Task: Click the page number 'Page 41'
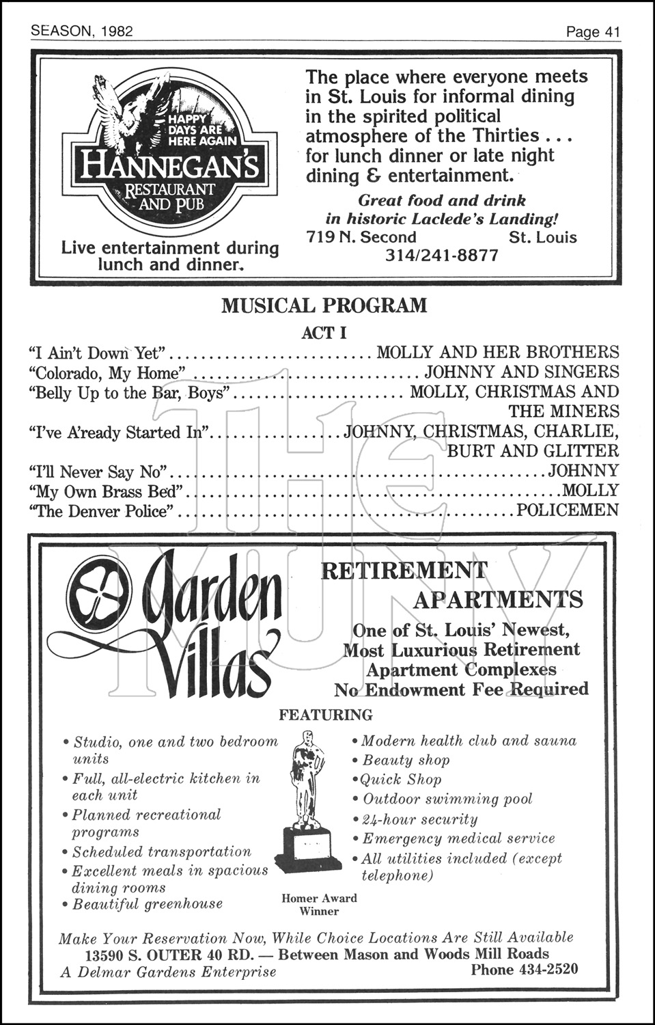coord(592,32)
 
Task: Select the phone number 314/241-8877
coord(442,256)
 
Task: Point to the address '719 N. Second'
coord(361,237)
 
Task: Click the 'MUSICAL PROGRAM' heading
coord(324,305)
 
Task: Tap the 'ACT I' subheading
coord(324,333)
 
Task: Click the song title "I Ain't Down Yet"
coord(98,353)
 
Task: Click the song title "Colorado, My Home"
coord(107,372)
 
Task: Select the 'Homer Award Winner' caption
coord(319,904)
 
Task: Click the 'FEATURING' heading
coord(326,715)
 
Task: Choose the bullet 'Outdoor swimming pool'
coord(447,799)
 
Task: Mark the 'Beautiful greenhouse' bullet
coord(148,904)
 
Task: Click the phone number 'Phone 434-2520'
coord(524,969)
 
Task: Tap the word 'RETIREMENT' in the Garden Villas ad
coord(404,570)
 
